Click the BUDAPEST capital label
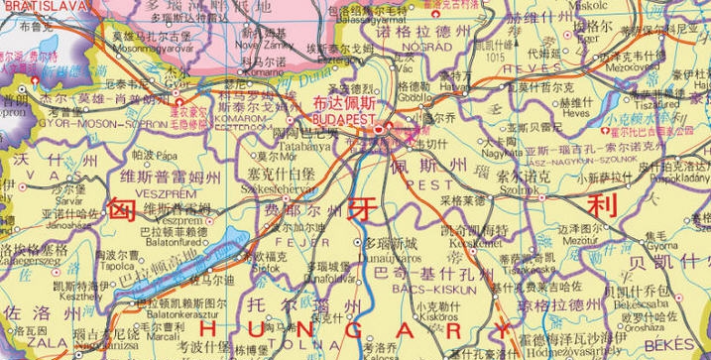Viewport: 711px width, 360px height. point(340,117)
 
